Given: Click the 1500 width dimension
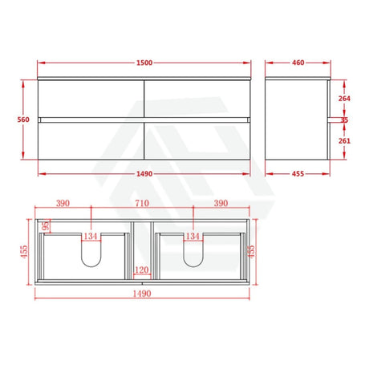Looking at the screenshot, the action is pyautogui.click(x=144, y=63).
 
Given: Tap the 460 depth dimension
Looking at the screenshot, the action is pyautogui.click(x=298, y=63).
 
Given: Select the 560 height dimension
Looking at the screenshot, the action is pyautogui.click(x=23, y=120).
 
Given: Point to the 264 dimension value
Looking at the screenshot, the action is pyautogui.click(x=344, y=99).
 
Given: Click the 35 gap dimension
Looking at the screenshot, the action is pyautogui.click(x=344, y=120).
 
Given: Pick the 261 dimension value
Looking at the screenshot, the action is pyautogui.click(x=344, y=140).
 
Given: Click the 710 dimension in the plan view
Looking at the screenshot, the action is pyautogui.click(x=142, y=203).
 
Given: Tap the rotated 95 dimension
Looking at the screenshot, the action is pyautogui.click(x=46, y=225).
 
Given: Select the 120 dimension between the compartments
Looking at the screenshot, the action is pyautogui.click(x=141, y=270).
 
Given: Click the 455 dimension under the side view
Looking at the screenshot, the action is pyautogui.click(x=298, y=174).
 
